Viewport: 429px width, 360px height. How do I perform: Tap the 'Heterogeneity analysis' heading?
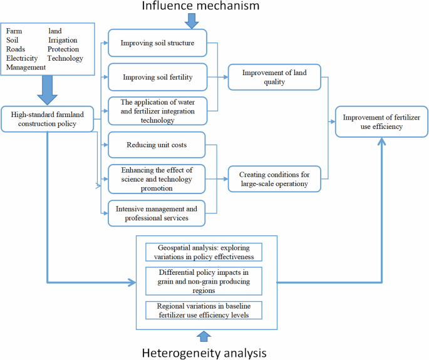pos(204,352)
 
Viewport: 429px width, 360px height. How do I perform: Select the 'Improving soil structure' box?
pos(156,43)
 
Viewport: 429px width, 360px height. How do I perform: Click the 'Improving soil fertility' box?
pos(156,78)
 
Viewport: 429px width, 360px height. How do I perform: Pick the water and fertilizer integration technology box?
pos(156,110)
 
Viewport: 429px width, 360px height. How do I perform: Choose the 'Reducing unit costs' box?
pos(156,145)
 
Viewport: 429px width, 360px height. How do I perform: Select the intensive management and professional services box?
pos(156,213)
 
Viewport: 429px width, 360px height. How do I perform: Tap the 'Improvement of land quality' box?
pos(274,77)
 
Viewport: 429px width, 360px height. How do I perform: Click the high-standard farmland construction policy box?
pos(48,118)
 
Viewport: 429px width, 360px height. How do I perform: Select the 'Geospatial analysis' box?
pos(204,252)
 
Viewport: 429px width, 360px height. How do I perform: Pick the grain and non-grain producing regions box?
pos(204,280)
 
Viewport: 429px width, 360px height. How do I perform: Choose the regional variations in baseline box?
pos(204,309)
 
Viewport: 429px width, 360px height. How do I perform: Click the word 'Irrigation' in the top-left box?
pos(63,40)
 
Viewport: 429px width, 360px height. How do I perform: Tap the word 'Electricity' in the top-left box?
pos(22,58)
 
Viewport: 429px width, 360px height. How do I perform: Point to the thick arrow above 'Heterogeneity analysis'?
pos(204,337)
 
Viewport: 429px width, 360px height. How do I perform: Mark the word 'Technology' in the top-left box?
pos(65,58)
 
